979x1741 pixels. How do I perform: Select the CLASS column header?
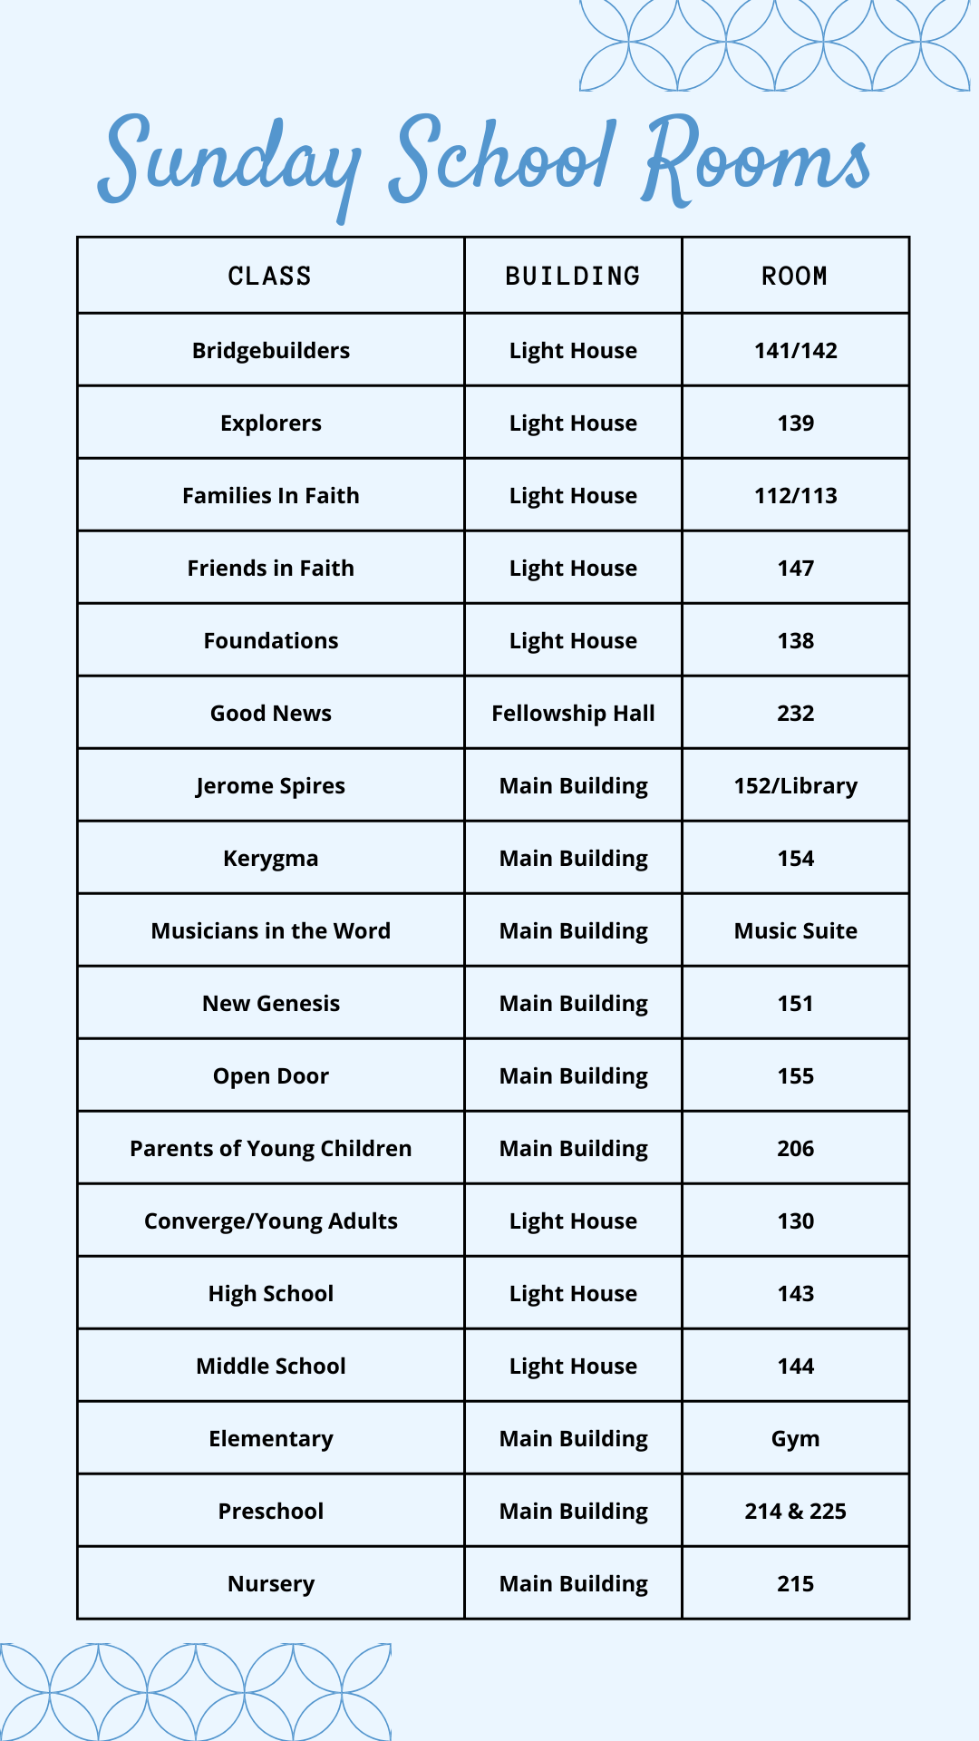[x=270, y=276]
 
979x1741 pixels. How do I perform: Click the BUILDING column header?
[x=573, y=276]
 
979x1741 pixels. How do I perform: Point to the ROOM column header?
[x=795, y=276]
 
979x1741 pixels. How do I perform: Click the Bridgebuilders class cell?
[x=270, y=351]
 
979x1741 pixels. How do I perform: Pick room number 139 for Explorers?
[x=795, y=423]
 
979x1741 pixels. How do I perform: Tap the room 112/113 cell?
[x=795, y=496]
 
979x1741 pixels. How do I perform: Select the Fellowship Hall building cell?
[x=573, y=714]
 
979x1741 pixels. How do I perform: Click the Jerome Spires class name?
[x=270, y=786]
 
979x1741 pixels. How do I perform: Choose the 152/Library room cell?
[x=795, y=786]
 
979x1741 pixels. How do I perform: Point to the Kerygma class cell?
[x=270, y=859]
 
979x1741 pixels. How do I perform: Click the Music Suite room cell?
[x=795, y=931]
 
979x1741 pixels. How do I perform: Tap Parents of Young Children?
[x=270, y=1149]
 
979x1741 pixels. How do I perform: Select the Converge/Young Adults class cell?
[x=270, y=1221]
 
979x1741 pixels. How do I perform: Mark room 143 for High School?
[x=795, y=1294]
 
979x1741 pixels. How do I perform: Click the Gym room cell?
[x=795, y=1439]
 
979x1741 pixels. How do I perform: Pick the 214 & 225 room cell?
[x=795, y=1512]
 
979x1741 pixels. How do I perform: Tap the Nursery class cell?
[x=270, y=1584]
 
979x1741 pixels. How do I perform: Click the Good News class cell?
[x=270, y=714]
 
